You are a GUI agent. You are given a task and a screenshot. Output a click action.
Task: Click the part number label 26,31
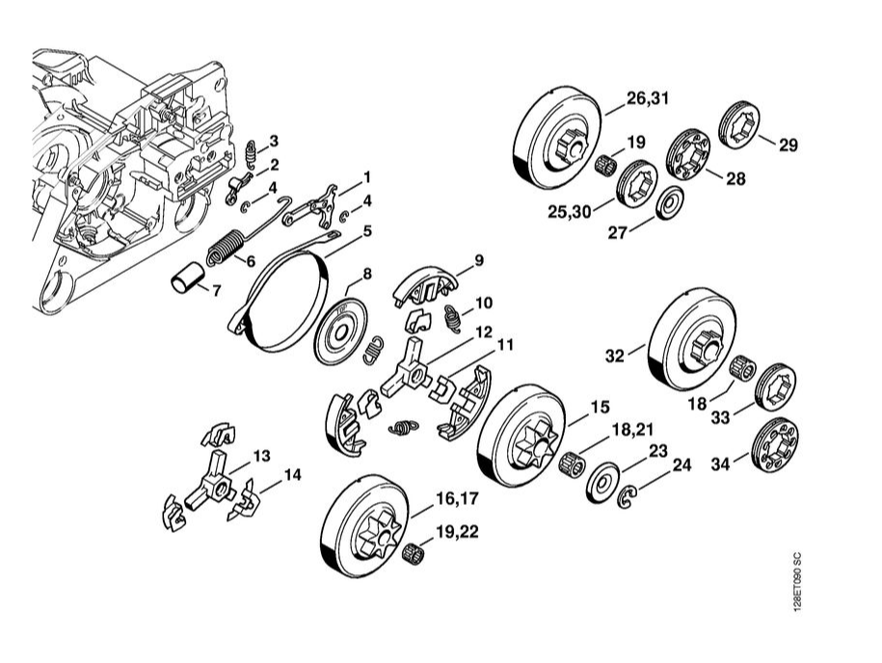(646, 98)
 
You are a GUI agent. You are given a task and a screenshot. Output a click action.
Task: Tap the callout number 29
(788, 146)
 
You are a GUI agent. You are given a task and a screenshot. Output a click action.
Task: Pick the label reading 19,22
(460, 530)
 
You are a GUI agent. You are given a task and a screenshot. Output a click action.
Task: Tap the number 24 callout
(682, 464)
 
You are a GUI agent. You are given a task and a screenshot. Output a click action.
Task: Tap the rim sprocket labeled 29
(739, 125)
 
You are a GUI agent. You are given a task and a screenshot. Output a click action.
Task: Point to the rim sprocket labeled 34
(776, 444)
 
